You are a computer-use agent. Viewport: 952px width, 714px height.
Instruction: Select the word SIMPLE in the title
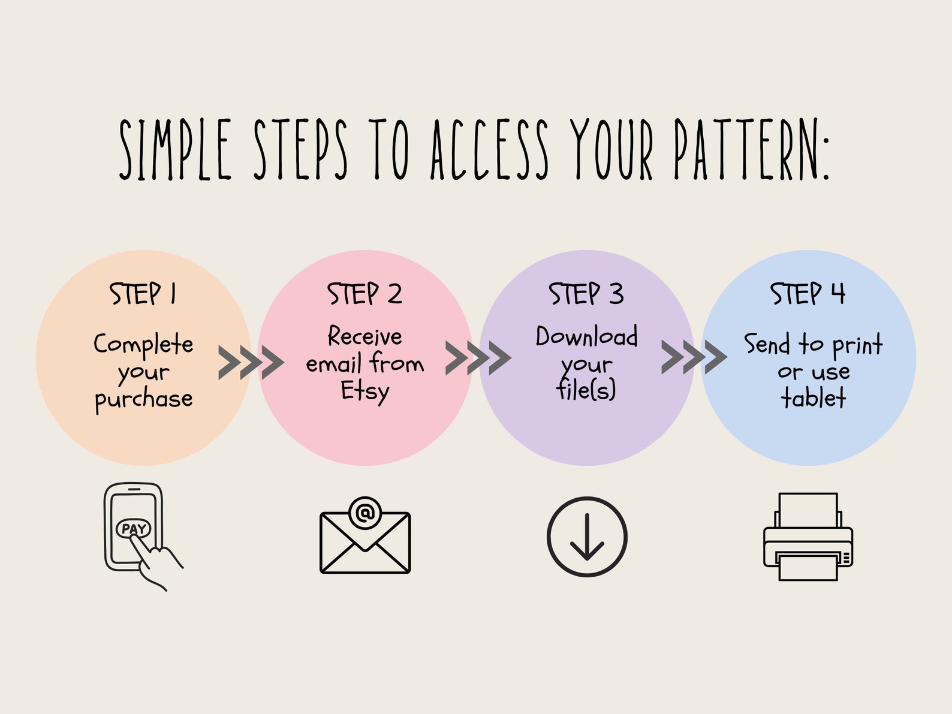pos(175,149)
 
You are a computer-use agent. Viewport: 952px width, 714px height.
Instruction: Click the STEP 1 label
pos(143,294)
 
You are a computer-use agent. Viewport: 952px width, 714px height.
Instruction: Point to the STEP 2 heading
pos(364,294)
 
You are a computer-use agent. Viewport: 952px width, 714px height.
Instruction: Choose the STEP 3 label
pos(586,294)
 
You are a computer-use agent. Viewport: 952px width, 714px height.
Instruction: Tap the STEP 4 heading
pos(808,294)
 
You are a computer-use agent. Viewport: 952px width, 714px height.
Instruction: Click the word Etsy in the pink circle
pos(364,392)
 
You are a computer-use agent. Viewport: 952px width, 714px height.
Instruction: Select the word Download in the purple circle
pos(587,336)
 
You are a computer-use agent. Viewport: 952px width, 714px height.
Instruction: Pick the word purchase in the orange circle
pos(143,399)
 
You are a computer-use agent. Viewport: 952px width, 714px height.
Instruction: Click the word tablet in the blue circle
pos(813,397)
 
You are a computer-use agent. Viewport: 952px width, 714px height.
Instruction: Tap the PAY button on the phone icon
pos(134,528)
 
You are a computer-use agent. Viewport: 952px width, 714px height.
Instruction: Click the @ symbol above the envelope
pos(365,513)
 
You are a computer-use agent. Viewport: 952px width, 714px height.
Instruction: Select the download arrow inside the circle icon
pos(587,537)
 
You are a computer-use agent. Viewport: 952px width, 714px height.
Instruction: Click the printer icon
pos(808,537)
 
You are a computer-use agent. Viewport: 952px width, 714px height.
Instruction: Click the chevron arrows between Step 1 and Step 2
pos(251,363)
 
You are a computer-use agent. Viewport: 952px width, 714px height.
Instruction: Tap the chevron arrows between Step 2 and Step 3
pos(478,358)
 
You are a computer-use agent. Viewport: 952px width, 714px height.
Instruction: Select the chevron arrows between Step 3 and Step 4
pos(694,357)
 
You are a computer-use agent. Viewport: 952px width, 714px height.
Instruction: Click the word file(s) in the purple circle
pos(586,389)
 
